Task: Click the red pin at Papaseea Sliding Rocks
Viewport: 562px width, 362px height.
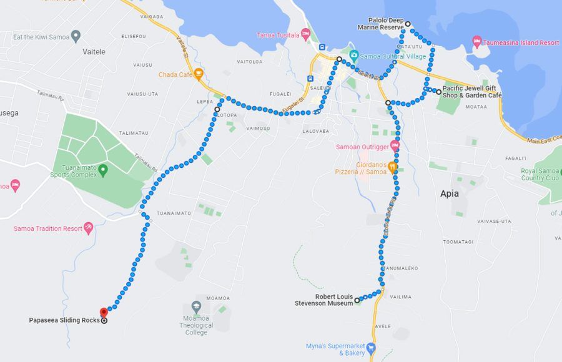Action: click(x=104, y=312)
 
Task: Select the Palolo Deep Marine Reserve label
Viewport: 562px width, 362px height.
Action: click(x=381, y=24)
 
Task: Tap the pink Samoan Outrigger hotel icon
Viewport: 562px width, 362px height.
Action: click(x=395, y=147)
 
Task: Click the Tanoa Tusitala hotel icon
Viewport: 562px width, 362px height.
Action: click(x=305, y=34)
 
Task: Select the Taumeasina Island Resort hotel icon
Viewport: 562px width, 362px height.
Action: click(x=477, y=42)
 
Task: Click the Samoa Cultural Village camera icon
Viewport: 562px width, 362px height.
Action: click(x=353, y=56)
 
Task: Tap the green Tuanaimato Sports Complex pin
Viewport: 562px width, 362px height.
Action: click(x=103, y=169)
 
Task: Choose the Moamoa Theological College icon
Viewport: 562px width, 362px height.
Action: click(x=196, y=307)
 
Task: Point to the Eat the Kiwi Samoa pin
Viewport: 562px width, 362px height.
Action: click(x=76, y=36)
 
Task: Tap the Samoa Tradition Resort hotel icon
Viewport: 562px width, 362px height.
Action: click(x=88, y=228)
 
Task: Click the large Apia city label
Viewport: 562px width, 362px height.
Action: click(x=450, y=193)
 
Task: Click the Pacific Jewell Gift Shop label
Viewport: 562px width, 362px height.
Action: click(x=473, y=92)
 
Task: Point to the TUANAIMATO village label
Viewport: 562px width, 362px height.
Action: click(x=174, y=213)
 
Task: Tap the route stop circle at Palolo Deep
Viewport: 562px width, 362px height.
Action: click(x=408, y=24)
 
